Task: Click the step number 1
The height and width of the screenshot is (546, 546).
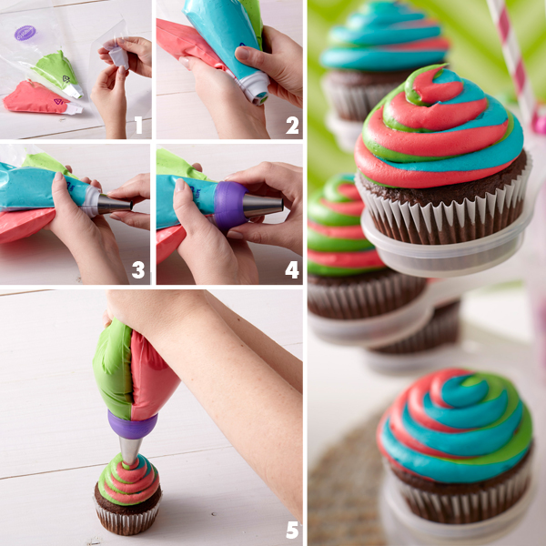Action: (138, 125)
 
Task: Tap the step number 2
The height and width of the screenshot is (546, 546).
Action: (292, 126)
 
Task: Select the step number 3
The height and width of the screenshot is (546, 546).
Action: (138, 270)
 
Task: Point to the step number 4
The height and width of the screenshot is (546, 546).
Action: (292, 270)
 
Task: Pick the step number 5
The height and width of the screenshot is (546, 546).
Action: (292, 530)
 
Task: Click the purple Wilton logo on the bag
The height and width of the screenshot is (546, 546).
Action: (25, 33)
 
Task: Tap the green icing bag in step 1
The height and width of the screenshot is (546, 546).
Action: (57, 74)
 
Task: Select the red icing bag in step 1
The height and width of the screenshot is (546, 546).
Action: (42, 98)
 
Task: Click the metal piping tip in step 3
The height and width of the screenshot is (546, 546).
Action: (115, 204)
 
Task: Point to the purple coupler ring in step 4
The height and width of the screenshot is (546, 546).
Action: (229, 206)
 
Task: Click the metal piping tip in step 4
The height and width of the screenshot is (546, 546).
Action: (262, 206)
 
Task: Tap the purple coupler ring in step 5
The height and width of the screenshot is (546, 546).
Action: (132, 424)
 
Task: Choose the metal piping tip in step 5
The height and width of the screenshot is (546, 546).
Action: (130, 450)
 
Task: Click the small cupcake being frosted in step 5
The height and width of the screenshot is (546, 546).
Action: (127, 494)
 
